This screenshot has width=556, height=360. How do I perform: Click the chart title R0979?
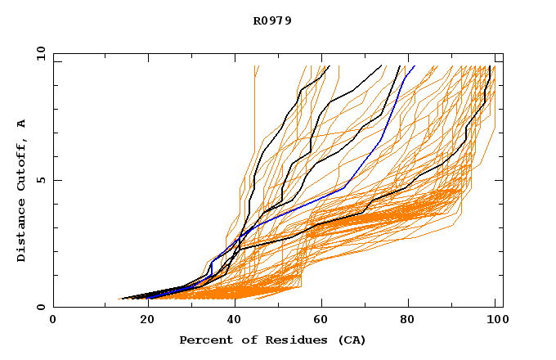tap(272, 20)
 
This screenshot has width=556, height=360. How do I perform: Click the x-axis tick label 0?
tap(53, 322)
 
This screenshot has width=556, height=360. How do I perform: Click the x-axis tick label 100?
tap(495, 322)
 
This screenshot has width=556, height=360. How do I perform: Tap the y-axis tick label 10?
tap(39, 53)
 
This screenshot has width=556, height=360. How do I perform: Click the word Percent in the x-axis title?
tap(203, 340)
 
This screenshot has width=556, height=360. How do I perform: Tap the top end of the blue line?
tap(415, 65)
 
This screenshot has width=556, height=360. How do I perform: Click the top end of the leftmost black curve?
tap(329, 66)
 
